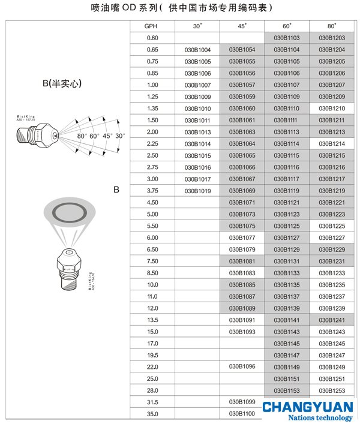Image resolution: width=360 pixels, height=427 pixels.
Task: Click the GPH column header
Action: (152, 27)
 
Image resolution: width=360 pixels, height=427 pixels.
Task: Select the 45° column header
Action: (242, 27)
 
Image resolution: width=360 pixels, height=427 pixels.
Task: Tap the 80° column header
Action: (332, 27)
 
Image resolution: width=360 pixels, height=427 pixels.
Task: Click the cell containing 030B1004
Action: (197, 50)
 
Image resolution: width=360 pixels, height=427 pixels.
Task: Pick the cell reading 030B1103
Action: (287, 38)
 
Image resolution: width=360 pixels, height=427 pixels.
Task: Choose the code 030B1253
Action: (332, 390)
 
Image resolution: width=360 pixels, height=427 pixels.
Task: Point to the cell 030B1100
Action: (242, 414)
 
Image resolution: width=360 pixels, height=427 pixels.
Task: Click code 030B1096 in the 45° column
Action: (242, 366)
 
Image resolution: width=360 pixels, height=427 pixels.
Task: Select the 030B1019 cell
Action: (197, 191)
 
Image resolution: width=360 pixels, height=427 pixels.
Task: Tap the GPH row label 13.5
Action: (152, 320)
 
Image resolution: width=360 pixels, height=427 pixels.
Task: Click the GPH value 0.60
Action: (152, 38)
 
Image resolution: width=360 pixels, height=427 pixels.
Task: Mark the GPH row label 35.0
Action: (152, 414)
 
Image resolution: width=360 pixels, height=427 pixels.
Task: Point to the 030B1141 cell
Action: (287, 320)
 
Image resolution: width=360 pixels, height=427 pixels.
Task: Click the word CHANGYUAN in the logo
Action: (307, 406)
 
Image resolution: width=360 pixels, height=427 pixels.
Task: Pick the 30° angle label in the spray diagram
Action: (120, 136)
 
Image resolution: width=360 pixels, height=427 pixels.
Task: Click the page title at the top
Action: (179, 8)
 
